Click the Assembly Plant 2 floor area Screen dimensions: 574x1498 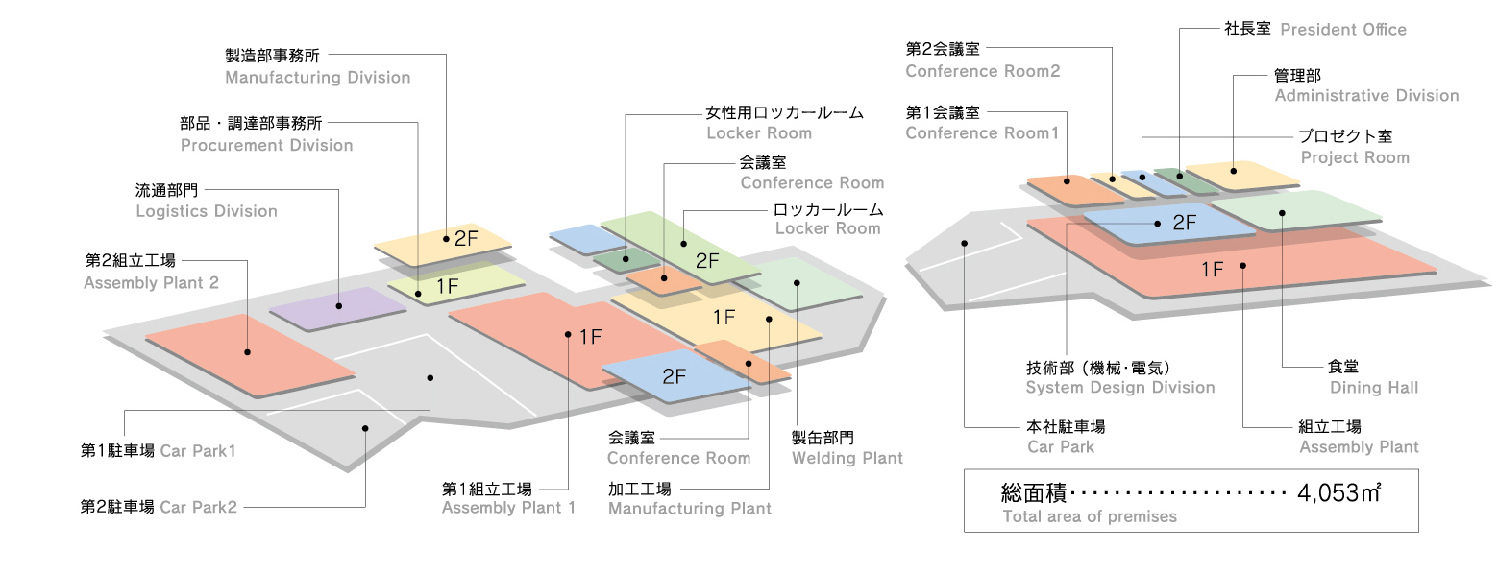click(x=248, y=353)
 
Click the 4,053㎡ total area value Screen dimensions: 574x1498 click(x=1338, y=494)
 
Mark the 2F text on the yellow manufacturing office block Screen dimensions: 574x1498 click(x=465, y=239)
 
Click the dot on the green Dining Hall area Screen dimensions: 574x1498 click(x=1282, y=213)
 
